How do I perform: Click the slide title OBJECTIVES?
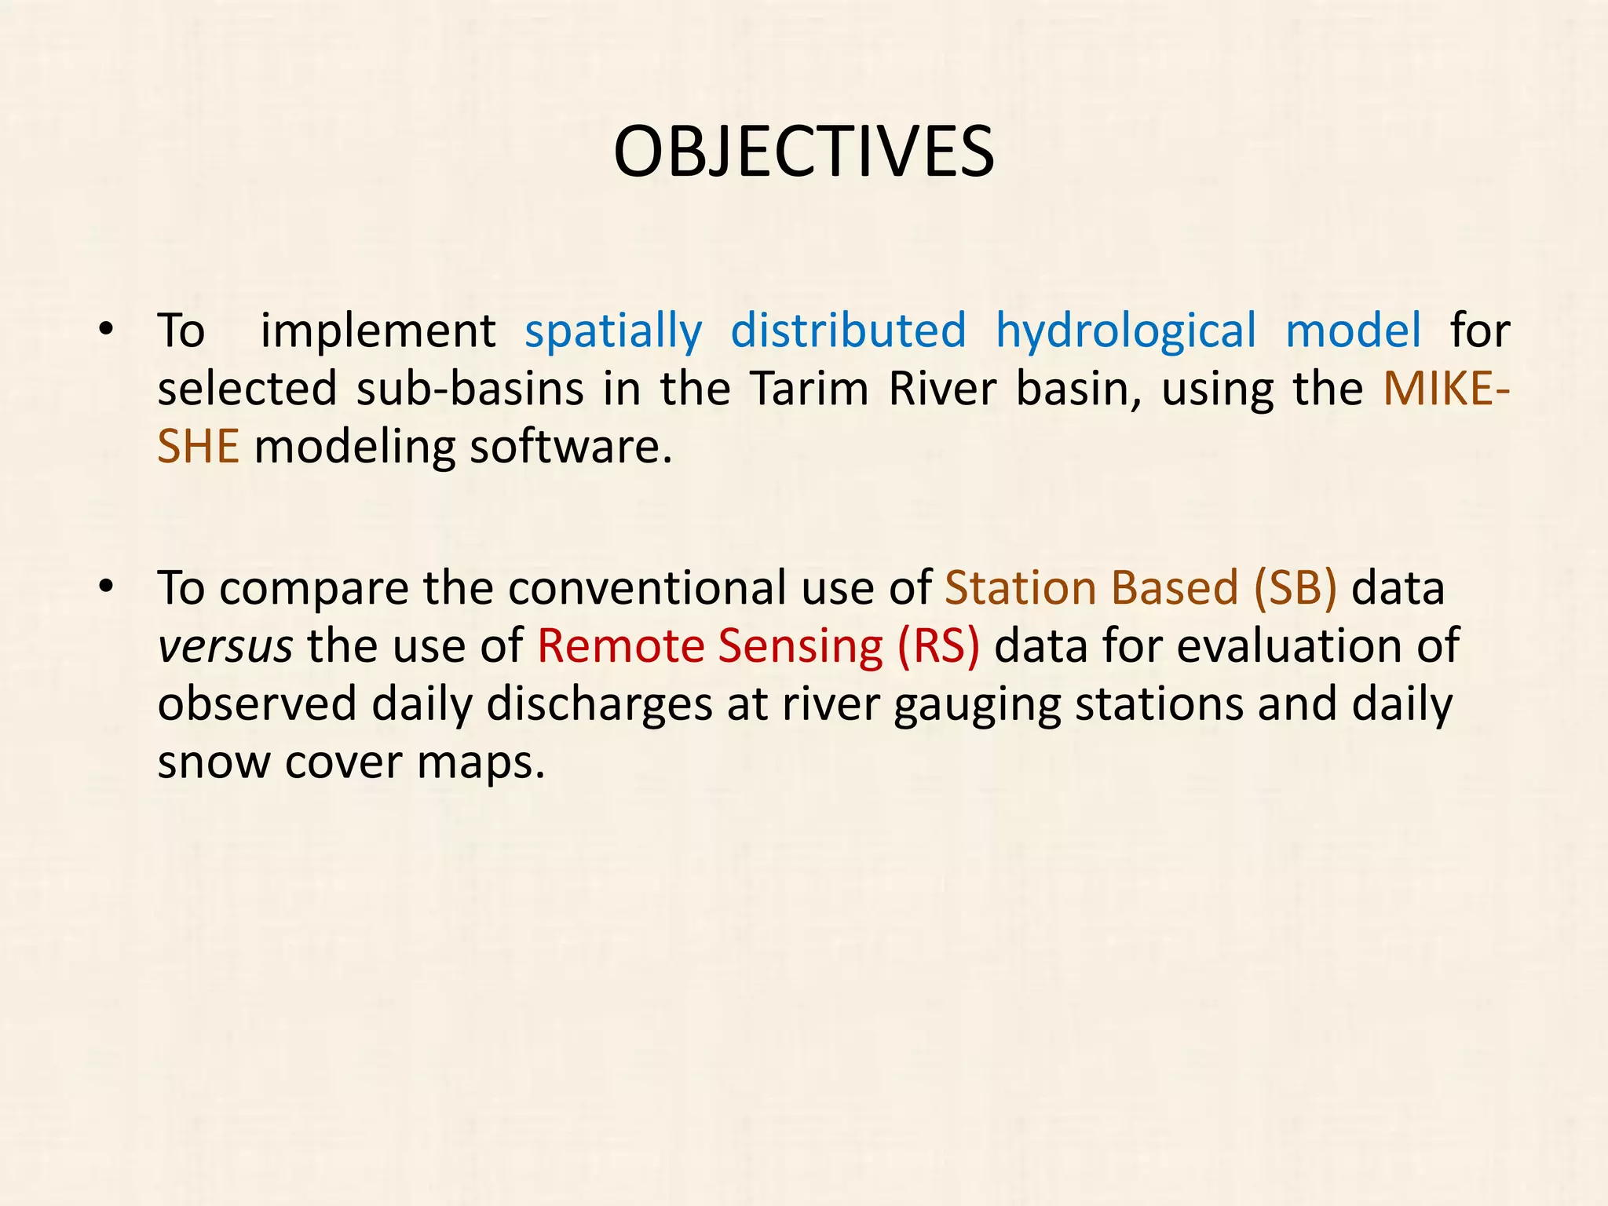click(803, 152)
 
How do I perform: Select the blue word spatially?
click(613, 331)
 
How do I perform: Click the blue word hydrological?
click(1126, 331)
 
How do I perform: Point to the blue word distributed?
click(848, 331)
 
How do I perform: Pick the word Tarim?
click(808, 389)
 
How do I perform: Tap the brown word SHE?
click(198, 447)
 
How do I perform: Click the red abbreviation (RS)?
click(938, 646)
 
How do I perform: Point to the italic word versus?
click(225, 646)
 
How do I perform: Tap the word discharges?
click(599, 704)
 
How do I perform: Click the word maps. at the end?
click(481, 762)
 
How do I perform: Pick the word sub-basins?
click(470, 389)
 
